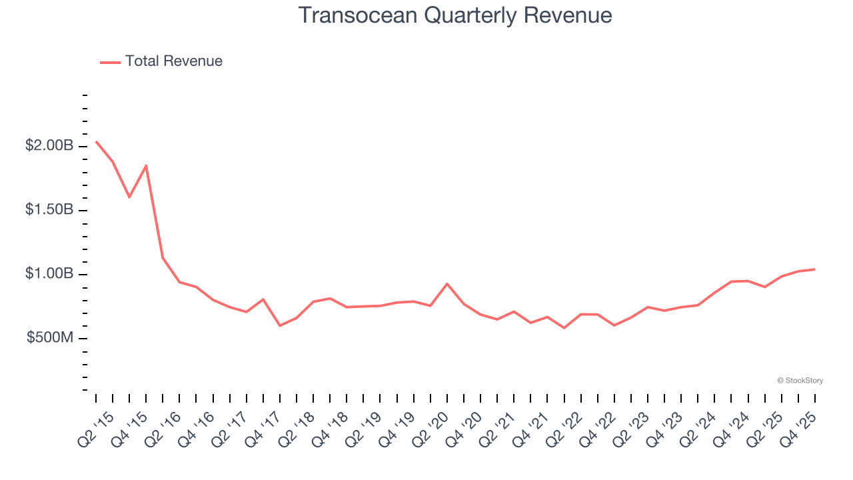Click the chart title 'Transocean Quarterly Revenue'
(x=455, y=15)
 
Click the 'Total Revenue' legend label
(x=173, y=61)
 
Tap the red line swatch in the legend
(x=110, y=62)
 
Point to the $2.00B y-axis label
(x=49, y=146)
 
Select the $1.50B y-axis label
(x=49, y=210)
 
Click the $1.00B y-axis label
(x=49, y=274)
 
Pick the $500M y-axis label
(x=49, y=338)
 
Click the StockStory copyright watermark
(x=800, y=381)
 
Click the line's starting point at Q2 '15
(x=96, y=141)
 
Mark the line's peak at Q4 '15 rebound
(x=146, y=165)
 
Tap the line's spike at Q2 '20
(x=447, y=283)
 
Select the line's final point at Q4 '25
(x=814, y=269)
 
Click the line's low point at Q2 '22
(x=564, y=328)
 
